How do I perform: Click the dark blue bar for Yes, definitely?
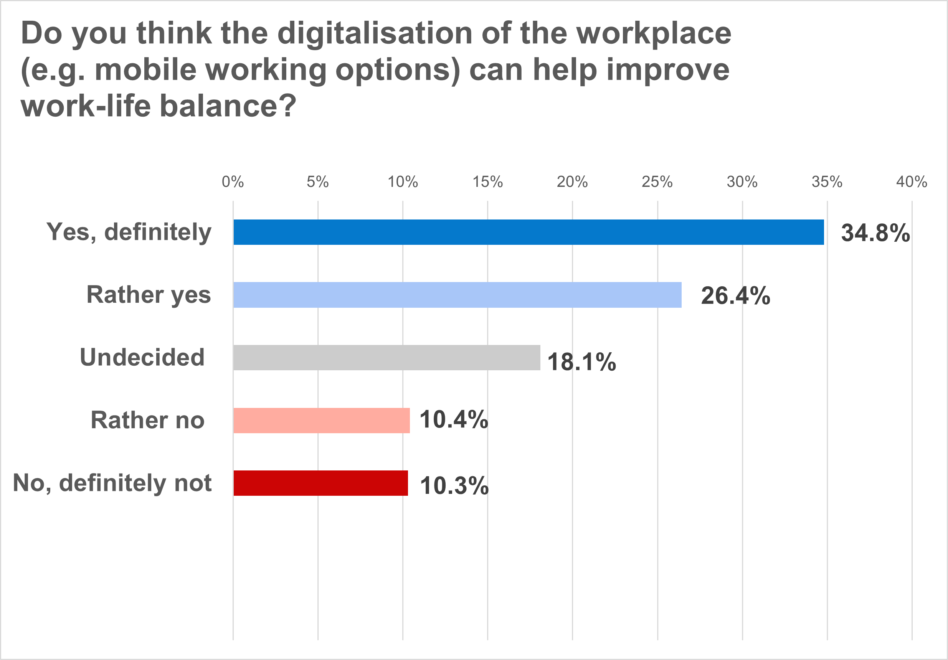coord(529,232)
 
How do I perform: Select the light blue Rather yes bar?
coord(457,295)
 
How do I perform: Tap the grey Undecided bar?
coord(386,358)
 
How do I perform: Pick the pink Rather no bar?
coord(321,420)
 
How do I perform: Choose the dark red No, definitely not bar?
coord(320,483)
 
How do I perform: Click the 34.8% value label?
coord(875,233)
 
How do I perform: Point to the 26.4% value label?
coord(735,295)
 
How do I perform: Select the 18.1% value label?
coord(581,362)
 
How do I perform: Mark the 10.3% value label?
coord(454,485)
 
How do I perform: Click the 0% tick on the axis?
coord(233,181)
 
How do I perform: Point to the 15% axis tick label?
coord(488,181)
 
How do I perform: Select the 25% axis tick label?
coord(657,181)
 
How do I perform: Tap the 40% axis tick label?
coord(912,181)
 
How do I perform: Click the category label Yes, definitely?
coord(129,232)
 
